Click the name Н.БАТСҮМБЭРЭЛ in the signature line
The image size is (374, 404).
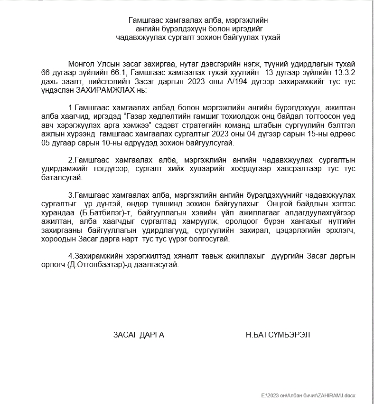click(278, 335)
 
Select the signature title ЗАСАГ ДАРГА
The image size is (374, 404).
click(139, 335)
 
